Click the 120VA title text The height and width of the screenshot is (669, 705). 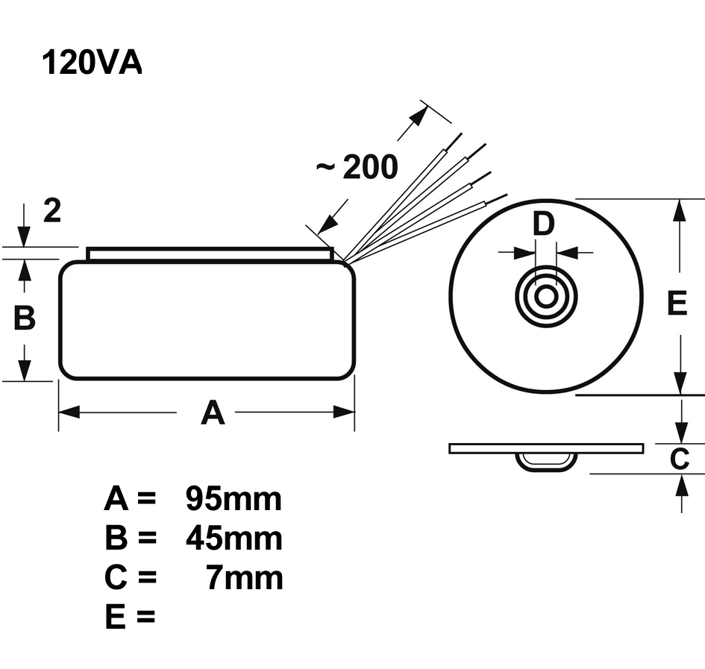91,63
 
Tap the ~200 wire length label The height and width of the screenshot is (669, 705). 357,168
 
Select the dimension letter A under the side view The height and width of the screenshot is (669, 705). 213,412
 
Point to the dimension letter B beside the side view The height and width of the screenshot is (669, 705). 25,318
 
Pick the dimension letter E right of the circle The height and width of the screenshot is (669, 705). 677,304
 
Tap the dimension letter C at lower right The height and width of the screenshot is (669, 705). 679,459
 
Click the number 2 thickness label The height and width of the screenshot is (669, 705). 51,212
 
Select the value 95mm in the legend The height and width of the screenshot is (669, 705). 234,499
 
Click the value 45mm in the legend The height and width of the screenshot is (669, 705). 234,538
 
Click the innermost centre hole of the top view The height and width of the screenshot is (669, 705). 546,296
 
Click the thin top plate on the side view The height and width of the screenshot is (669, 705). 210,254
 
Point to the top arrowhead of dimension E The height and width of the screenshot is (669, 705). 679,210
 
